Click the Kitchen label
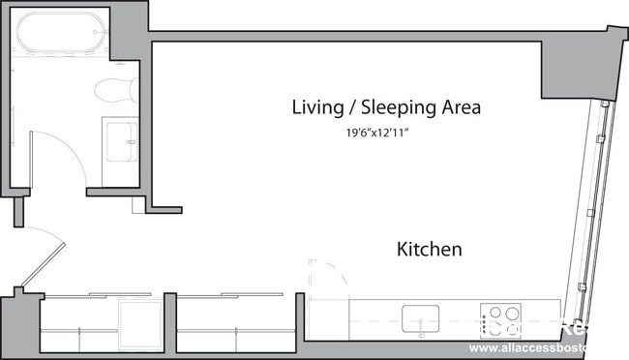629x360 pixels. point(429,249)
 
